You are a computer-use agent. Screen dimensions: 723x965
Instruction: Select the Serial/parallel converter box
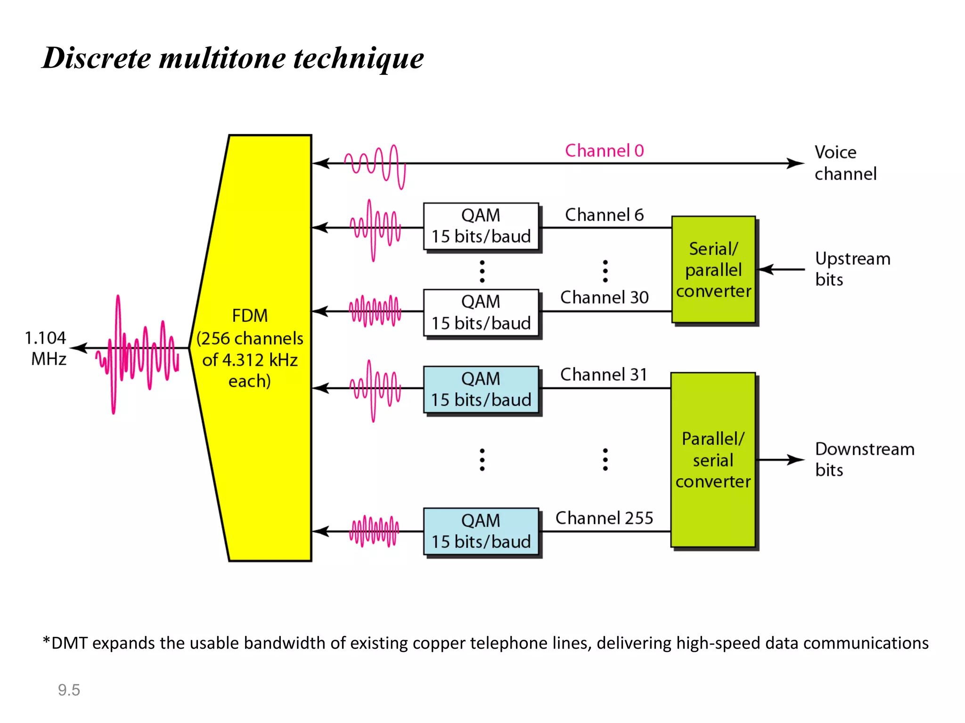[713, 270]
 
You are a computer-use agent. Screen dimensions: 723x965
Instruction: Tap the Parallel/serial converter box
[713, 460]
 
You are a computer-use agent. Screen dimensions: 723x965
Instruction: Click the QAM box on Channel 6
[481, 226]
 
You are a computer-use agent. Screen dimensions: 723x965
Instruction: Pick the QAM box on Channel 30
[481, 313]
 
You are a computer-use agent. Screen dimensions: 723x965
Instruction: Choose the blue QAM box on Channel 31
[481, 390]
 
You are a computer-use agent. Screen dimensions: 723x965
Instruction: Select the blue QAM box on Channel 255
[481, 531]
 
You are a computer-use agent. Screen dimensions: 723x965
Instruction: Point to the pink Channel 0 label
[605, 151]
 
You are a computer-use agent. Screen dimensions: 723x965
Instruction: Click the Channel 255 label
[605, 518]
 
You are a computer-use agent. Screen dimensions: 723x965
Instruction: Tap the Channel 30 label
[605, 297]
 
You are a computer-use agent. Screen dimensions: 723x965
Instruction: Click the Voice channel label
[845, 163]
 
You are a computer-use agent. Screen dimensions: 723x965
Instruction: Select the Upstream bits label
[852, 269]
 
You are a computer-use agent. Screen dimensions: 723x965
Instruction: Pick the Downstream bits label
[864, 459]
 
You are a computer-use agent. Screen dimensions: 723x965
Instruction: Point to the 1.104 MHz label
[46, 348]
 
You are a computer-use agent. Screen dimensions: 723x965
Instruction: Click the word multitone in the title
[222, 58]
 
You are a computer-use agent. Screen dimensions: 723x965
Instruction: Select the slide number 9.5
[69, 690]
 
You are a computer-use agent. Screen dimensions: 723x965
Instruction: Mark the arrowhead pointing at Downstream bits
[796, 460]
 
